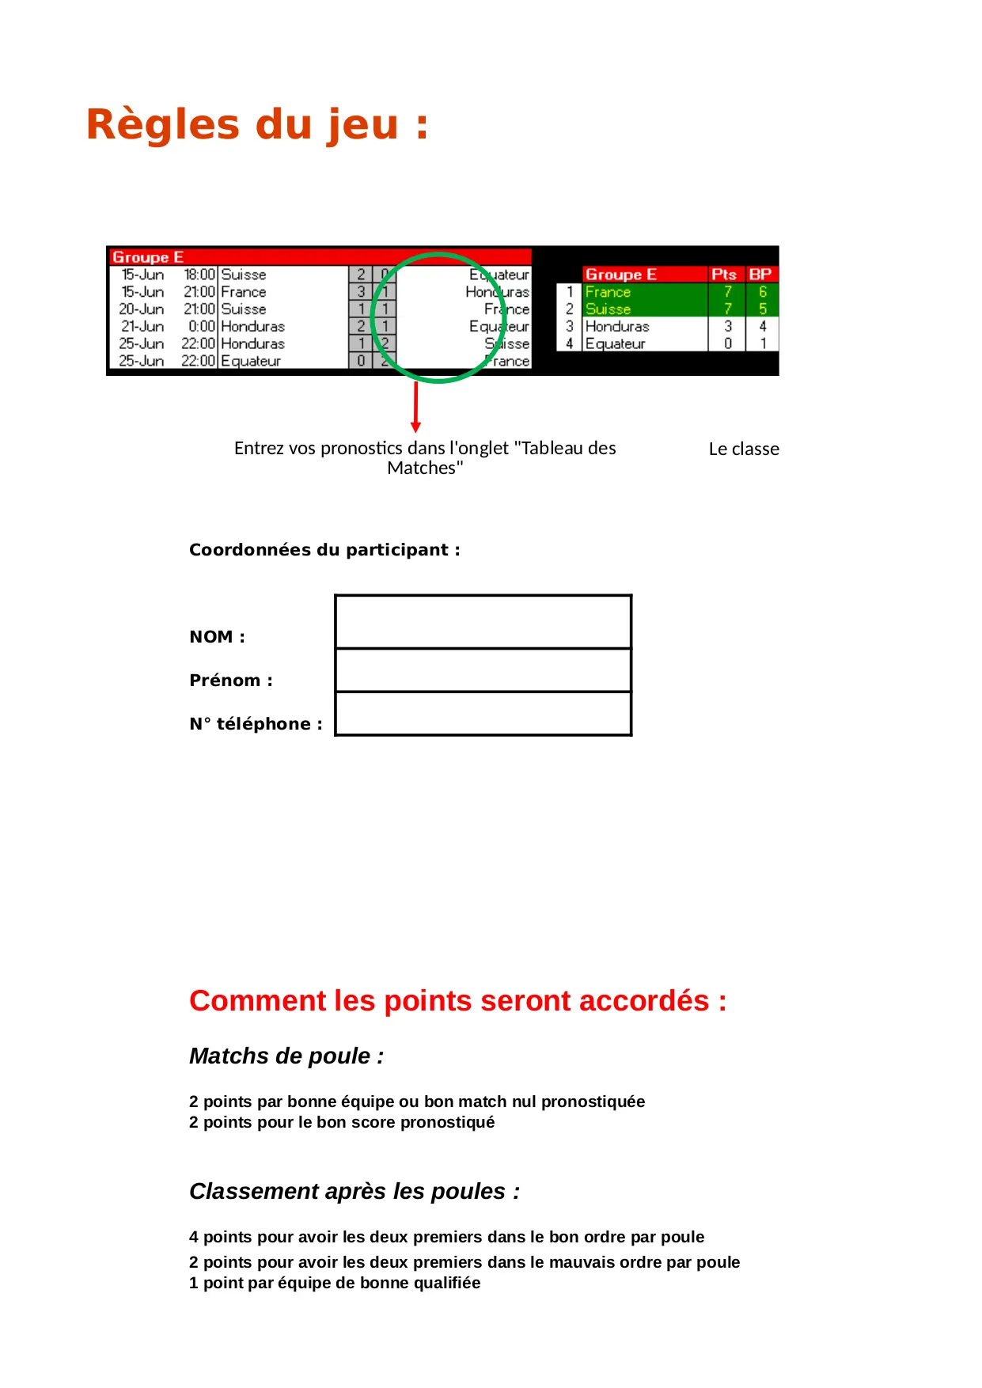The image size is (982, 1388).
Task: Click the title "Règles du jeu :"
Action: [256, 125]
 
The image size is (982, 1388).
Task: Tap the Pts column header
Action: [723, 275]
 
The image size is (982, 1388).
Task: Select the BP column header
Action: [760, 275]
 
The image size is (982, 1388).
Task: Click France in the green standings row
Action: [608, 292]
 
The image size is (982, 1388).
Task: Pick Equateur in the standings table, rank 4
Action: [615, 343]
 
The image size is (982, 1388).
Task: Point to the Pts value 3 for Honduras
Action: [728, 326]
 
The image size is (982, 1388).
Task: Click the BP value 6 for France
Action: [763, 292]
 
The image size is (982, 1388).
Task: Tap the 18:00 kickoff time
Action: [199, 275]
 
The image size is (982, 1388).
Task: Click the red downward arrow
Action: [415, 407]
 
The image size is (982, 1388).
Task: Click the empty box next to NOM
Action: [483, 622]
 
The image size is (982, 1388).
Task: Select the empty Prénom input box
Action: [483, 670]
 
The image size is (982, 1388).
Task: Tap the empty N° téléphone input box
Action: [483, 714]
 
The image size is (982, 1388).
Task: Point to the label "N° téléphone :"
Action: [256, 724]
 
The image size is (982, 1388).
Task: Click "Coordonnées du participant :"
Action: [324, 550]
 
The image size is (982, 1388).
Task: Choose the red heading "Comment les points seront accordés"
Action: [457, 1001]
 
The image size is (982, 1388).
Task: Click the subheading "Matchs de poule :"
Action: [286, 1056]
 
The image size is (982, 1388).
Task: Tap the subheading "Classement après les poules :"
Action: [355, 1192]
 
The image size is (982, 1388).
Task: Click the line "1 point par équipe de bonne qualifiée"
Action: [334, 1283]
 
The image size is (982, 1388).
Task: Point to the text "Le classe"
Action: [744, 449]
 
